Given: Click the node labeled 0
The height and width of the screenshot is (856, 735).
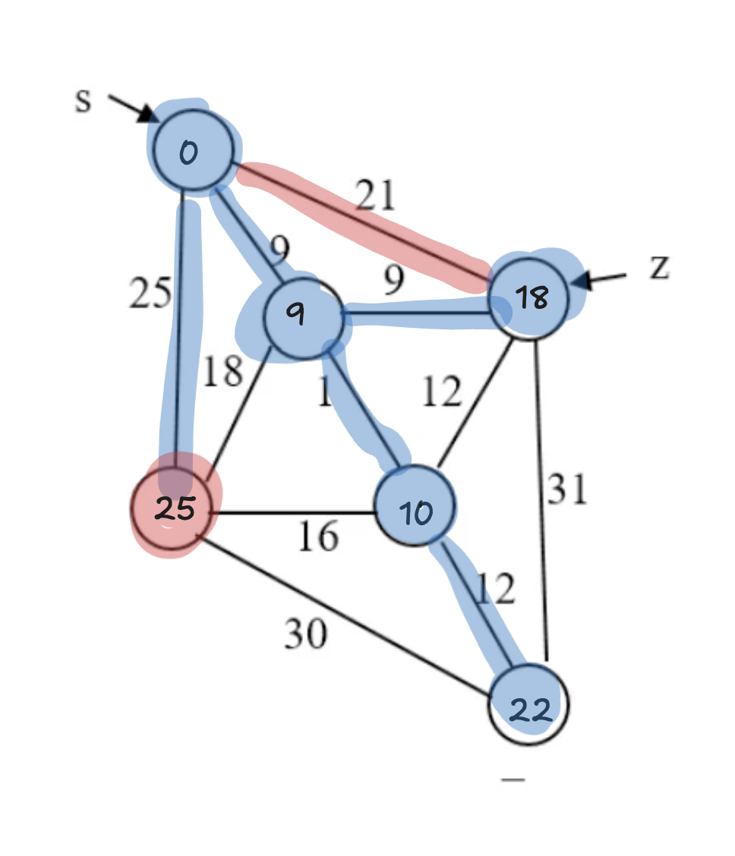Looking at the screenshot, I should point(192,150).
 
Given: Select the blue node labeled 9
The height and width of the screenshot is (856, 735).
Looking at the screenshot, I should point(301,317).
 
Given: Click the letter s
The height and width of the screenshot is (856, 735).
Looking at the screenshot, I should point(83,101).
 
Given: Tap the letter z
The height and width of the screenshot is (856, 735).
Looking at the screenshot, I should point(658,268).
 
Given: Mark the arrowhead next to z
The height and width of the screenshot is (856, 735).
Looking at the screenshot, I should point(582,281).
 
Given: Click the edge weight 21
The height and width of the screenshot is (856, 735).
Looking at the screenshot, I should point(377,196).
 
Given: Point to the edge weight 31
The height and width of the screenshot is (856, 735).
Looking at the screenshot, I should point(567,489).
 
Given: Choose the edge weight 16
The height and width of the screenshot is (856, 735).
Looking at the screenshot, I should point(317,537).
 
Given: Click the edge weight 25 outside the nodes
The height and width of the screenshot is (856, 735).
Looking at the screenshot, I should point(149,293).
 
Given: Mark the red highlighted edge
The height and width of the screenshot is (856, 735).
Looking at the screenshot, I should point(364,228).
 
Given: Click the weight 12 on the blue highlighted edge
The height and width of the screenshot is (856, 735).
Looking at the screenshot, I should point(495,588).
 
